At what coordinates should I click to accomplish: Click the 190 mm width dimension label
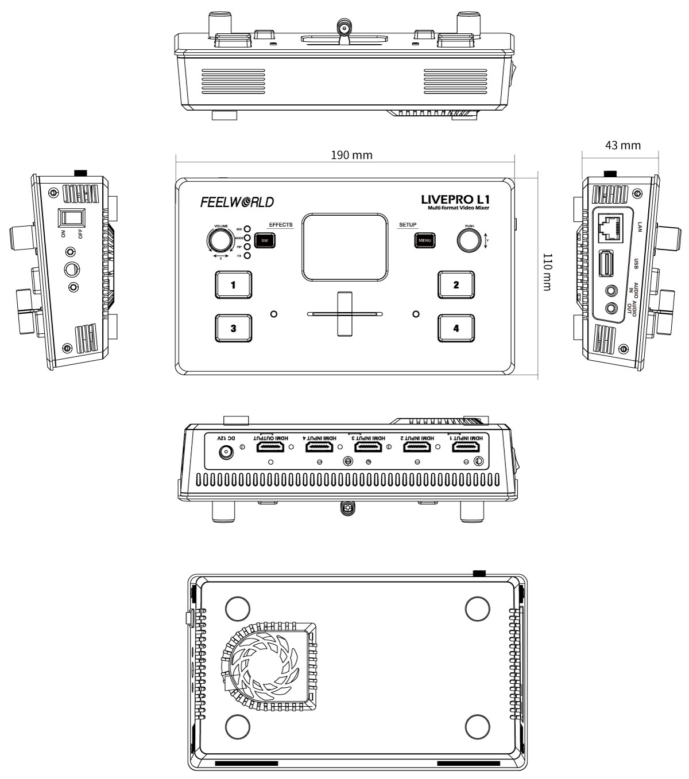[351, 155]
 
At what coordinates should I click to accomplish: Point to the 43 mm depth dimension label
[622, 145]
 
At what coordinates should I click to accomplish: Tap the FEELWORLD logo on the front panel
[237, 202]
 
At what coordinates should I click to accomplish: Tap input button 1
[233, 285]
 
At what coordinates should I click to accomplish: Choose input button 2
[456, 285]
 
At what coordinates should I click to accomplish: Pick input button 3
[233, 328]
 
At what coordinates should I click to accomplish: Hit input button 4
[456, 328]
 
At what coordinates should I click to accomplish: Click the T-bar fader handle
[344, 313]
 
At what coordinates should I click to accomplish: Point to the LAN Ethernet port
[608, 228]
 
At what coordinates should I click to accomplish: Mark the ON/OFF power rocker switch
[73, 219]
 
